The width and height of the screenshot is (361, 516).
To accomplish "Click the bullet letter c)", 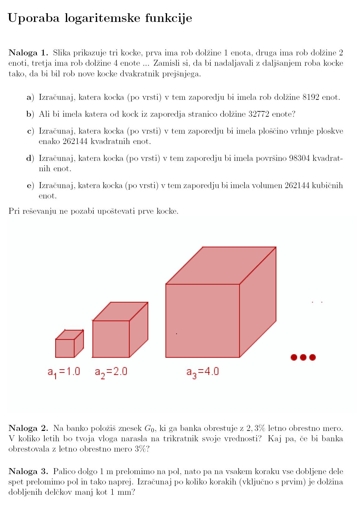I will coord(30,131).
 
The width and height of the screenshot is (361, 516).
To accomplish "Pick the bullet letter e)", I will coord(30,186).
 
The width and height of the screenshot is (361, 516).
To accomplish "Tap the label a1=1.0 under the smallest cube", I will coord(64,372).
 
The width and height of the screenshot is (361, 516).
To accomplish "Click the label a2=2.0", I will coord(111,372).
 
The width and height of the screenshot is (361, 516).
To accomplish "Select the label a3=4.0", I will coord(202,372).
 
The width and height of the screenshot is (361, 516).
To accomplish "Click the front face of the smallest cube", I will coord(65,348).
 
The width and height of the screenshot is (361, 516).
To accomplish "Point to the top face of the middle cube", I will coord(120,311).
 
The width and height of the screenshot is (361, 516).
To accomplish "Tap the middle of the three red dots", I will coord(303,357).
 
